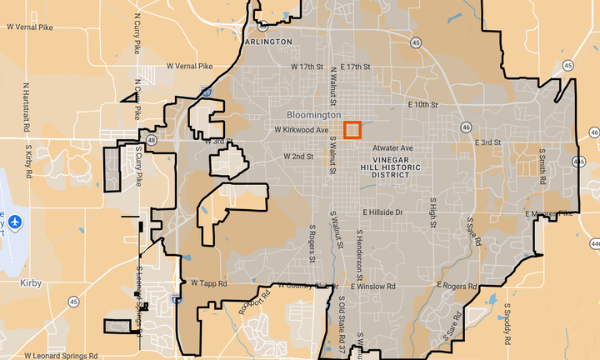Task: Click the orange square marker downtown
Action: pos(352,130)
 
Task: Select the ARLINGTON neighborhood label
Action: pos(269,41)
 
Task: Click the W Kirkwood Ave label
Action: pos(302,130)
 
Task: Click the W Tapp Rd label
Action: pos(208,284)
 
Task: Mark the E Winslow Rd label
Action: pos(373,286)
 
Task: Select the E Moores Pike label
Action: pos(549,214)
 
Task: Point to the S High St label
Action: pos(432,213)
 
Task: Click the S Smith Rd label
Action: pos(542,167)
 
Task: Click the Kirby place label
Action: pos(30,283)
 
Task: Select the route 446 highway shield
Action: pos(594,242)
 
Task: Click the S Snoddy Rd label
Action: pos(506,324)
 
